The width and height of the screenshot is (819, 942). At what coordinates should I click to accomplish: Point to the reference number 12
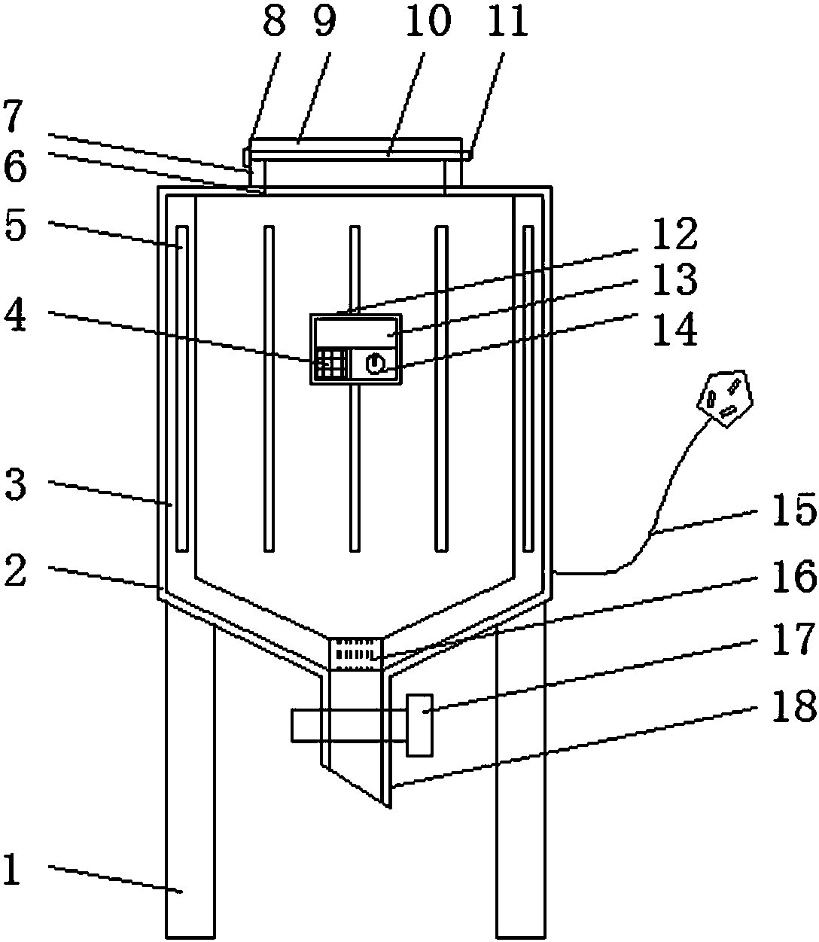(x=676, y=233)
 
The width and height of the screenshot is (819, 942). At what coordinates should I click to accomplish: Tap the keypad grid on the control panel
(x=331, y=363)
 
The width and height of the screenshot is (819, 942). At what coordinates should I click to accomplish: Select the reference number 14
(x=676, y=331)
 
